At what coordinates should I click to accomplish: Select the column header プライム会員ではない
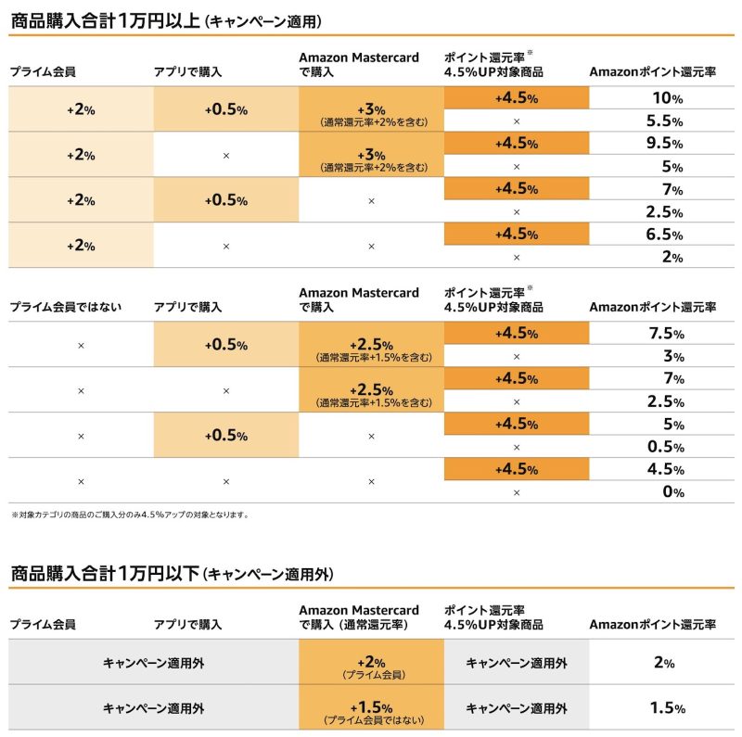(65, 307)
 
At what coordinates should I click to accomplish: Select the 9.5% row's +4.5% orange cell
(517, 144)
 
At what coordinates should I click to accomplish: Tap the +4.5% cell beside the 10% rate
(517, 98)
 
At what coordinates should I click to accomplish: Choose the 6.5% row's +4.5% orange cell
(517, 235)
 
